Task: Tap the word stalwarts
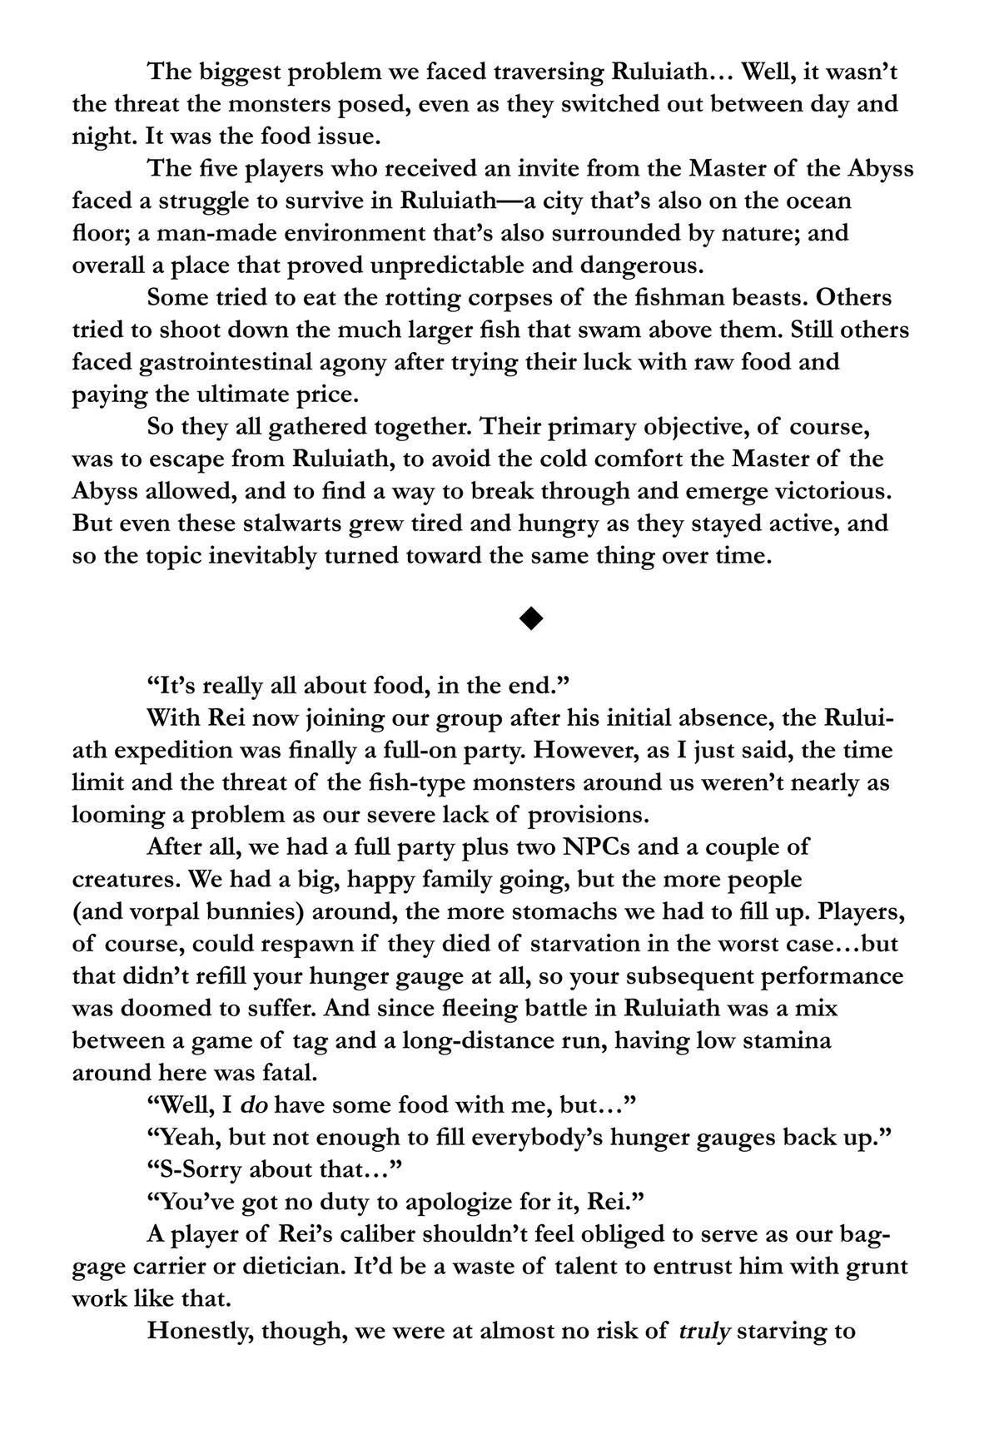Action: click(x=268, y=524)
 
